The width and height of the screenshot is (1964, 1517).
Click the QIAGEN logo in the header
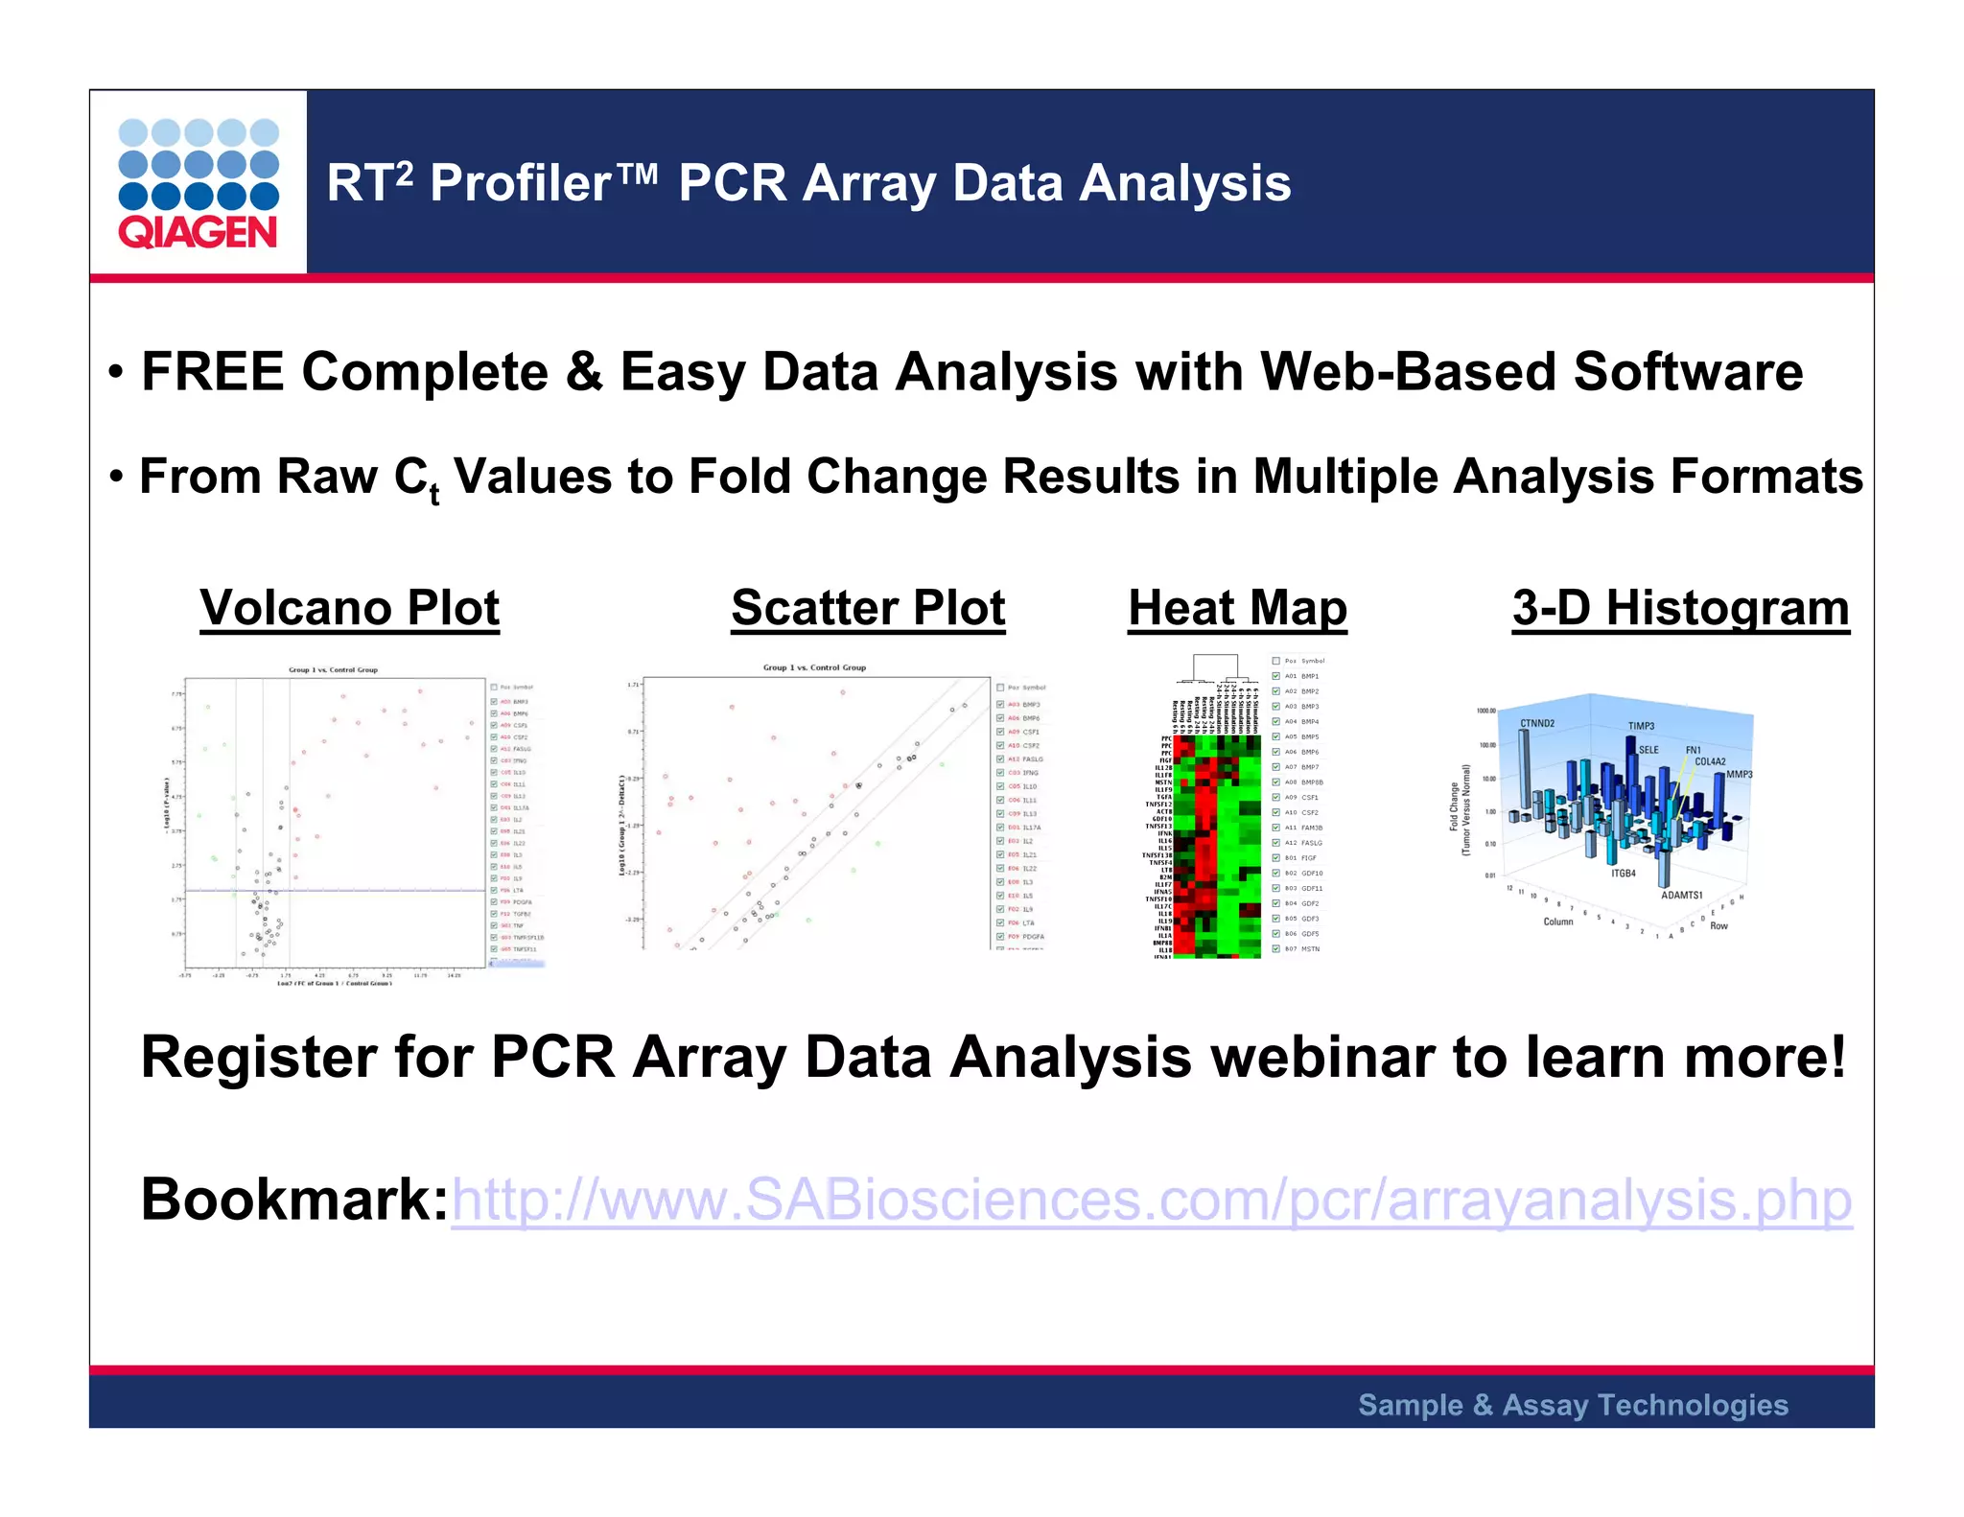[199, 183]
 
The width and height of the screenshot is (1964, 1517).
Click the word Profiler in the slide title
[521, 183]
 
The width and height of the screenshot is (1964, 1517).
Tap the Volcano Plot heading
[350, 608]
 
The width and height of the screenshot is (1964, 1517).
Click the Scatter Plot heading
[868, 608]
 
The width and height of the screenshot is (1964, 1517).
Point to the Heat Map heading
[1237, 608]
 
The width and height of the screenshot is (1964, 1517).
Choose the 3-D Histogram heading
[1680, 608]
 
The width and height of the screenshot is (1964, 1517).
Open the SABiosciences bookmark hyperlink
[1151, 1200]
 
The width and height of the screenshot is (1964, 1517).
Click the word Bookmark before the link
[293, 1200]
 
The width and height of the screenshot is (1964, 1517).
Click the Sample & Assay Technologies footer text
[1573, 1405]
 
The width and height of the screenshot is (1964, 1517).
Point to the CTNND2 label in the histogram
[1537, 723]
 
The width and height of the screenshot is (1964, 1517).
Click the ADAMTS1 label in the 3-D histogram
[1681, 895]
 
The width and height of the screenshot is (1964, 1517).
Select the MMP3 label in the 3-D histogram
[1739, 774]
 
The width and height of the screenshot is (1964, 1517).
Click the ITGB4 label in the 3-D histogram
[1623, 874]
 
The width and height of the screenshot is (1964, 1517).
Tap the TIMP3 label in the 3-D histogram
[1641, 726]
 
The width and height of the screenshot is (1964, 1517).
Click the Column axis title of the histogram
[1557, 922]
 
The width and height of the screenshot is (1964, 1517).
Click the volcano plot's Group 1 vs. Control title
[333, 670]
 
